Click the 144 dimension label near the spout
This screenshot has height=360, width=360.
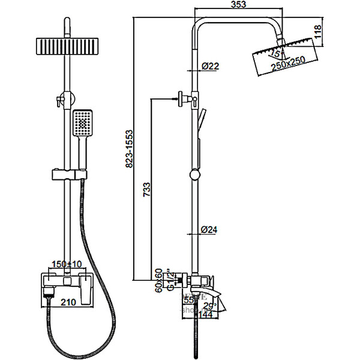207,313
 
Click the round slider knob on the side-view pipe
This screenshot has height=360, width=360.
194,175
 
